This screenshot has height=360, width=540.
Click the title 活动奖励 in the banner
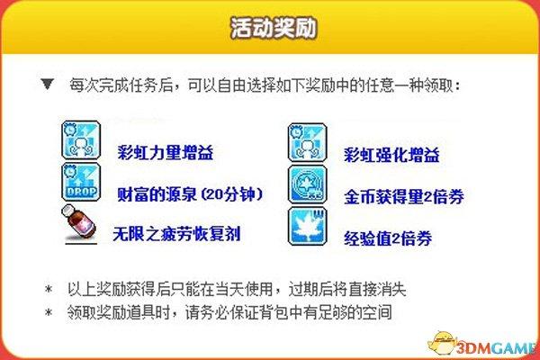point(274,28)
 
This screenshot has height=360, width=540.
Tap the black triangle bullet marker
point(47,84)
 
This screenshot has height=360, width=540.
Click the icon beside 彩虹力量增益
point(81,139)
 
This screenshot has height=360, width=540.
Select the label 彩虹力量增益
point(166,153)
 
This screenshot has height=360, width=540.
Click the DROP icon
point(81,182)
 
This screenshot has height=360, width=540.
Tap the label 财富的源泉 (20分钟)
point(190,194)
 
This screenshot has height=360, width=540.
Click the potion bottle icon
point(78,223)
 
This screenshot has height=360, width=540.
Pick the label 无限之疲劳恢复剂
point(176,234)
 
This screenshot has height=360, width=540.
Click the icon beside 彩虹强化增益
point(307,142)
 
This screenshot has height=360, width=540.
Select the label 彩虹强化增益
point(391,155)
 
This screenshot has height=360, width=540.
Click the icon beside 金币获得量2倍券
point(307,184)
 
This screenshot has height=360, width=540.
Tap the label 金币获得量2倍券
point(403,197)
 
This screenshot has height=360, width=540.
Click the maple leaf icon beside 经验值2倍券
point(307,226)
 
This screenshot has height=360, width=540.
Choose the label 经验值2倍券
point(388,238)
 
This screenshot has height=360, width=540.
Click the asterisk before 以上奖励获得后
point(49,289)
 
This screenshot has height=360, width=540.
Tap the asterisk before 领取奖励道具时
point(49,312)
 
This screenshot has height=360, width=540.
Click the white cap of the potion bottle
point(68,210)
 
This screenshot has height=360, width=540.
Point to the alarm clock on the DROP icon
point(70,171)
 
